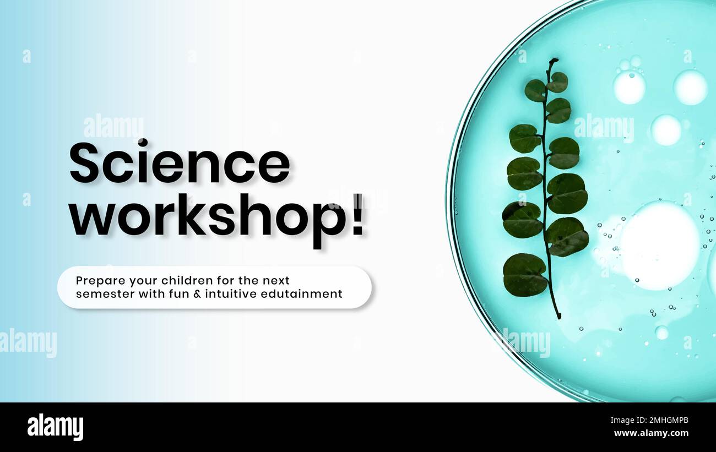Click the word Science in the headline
[179, 162]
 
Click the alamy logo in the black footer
[55, 427]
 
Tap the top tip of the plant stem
[554, 59]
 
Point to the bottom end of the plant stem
[558, 317]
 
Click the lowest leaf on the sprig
[524, 274]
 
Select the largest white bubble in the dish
[659, 245]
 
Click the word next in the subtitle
[279, 281]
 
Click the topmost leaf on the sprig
[558, 81]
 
